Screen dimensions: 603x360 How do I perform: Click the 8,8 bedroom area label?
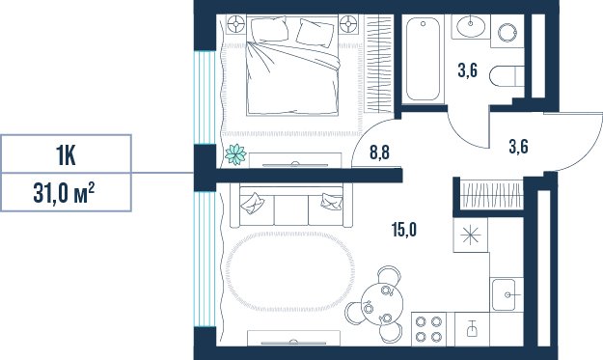pos(379,152)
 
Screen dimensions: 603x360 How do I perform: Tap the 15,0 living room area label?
pos(404,230)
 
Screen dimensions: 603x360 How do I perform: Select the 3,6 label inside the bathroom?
pos(468,70)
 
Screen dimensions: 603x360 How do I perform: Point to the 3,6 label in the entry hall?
pos(518,147)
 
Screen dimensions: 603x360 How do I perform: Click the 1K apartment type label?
pos(67,154)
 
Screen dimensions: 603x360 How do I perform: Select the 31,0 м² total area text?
pos(64,193)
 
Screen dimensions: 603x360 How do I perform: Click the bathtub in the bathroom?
pos(423,59)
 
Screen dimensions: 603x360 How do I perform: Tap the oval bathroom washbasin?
pos(471,26)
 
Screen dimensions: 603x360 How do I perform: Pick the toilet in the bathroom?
pos(507,76)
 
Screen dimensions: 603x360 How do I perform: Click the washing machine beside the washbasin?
pos(507,32)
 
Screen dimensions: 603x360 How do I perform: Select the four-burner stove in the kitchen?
pos(428,329)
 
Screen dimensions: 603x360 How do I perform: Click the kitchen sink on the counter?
pos(505,294)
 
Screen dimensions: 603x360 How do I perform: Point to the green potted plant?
pos(235,154)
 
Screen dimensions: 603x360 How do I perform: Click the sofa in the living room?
pos(291,206)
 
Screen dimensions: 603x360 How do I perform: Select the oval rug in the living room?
pos(289,271)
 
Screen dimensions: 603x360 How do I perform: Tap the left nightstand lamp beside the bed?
pos(235,25)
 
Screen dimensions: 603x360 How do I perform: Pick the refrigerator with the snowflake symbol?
pos(471,235)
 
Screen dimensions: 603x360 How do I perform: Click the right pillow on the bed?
pos(315,33)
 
